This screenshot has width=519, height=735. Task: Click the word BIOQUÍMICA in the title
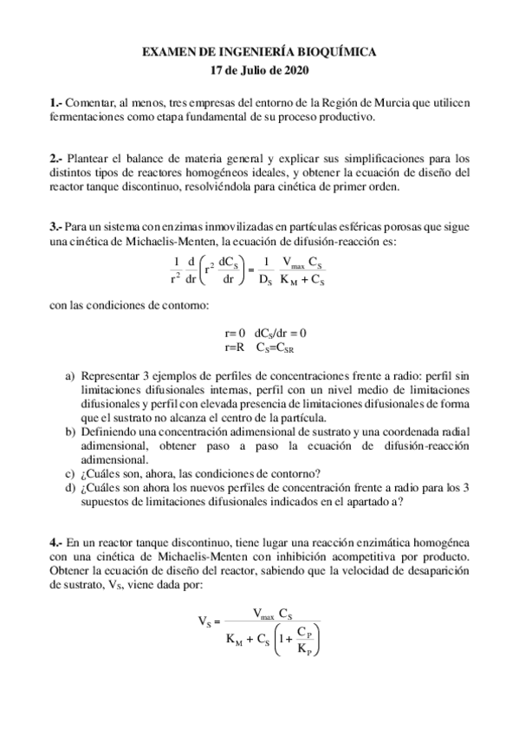[334, 53]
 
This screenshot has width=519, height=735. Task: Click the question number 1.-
[56, 103]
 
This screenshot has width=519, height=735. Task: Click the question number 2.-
[56, 159]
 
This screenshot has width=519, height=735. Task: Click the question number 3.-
[56, 227]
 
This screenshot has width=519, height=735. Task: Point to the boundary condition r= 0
[235, 333]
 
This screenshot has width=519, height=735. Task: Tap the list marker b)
[70, 432]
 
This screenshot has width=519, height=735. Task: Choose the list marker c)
[70, 472]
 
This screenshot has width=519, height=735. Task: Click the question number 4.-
[56, 542]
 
